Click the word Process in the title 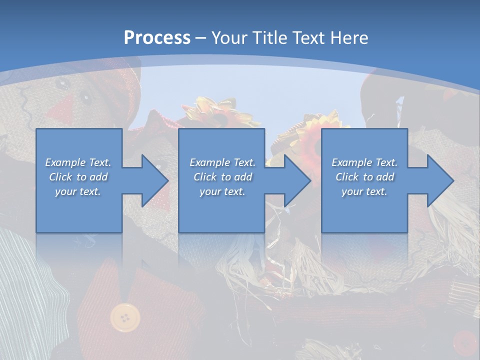point(157,38)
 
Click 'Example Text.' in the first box point(78,162)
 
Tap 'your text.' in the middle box point(222,191)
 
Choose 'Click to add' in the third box point(364,177)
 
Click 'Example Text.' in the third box point(364,162)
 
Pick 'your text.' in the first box point(78,191)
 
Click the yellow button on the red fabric point(125,317)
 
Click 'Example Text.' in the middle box point(222,162)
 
